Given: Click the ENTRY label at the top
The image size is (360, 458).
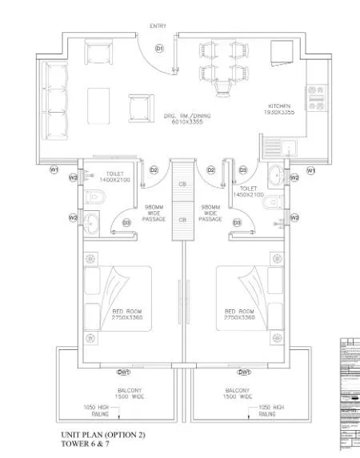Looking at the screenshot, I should [x=157, y=26].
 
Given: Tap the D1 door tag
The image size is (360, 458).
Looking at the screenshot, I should [x=159, y=50].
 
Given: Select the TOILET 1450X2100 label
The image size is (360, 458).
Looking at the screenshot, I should [x=249, y=191].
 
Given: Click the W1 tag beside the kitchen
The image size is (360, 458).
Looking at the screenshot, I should [x=312, y=170].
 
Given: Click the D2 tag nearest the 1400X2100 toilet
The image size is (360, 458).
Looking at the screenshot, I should [x=154, y=170].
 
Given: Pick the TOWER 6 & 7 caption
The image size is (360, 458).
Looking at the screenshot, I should [x=85, y=445].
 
